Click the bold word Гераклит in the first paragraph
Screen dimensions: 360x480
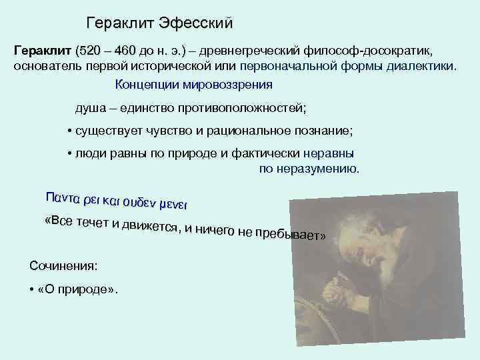[43, 51]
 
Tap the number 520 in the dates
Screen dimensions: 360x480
[90, 51]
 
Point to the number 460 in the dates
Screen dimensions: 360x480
[124, 51]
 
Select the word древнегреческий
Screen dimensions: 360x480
[246, 51]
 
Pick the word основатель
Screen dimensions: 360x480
[45, 67]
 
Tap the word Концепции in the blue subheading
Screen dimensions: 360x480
[145, 85]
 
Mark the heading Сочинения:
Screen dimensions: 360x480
[63, 265]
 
